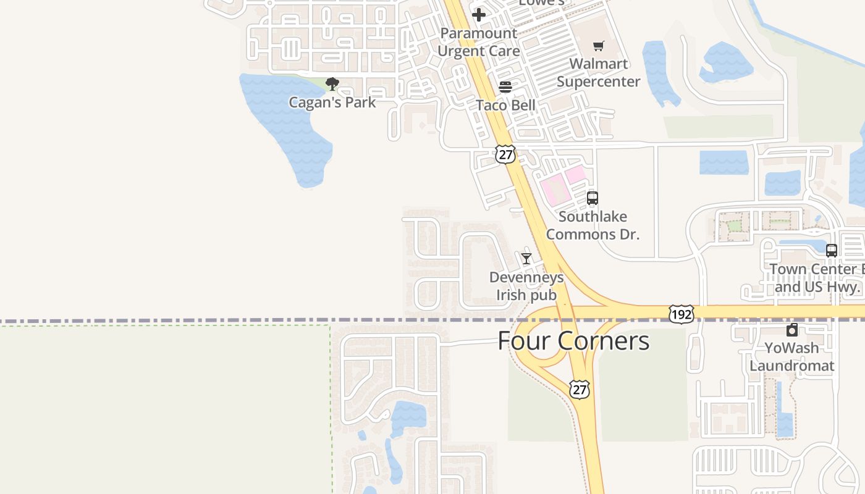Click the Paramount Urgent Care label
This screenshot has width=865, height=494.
[x=479, y=42]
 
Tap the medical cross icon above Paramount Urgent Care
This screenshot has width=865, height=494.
[x=479, y=15]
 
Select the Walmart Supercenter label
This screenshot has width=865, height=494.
[x=598, y=72]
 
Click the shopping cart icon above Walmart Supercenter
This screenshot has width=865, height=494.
[x=598, y=46]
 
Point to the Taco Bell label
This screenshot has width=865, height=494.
[x=505, y=105]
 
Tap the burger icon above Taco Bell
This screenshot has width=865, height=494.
[x=505, y=87]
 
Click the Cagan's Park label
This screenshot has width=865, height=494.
[x=332, y=102]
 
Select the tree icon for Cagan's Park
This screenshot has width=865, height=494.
[x=332, y=84]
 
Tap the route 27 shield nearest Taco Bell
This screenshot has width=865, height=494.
[x=505, y=154]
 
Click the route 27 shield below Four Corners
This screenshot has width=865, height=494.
[x=580, y=390]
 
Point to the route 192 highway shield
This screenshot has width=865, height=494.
[x=681, y=314]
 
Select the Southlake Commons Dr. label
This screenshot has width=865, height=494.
[x=593, y=225]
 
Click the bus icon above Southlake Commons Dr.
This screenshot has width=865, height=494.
[x=593, y=198]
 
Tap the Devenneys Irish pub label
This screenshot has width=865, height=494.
[x=526, y=286]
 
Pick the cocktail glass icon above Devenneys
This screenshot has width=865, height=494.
[x=526, y=259]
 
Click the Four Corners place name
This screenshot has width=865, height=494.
[x=573, y=341]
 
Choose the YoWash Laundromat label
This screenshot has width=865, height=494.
[x=791, y=356]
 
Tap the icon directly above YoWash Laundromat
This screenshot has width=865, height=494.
[x=792, y=330]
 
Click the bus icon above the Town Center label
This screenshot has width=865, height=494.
[x=832, y=251]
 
